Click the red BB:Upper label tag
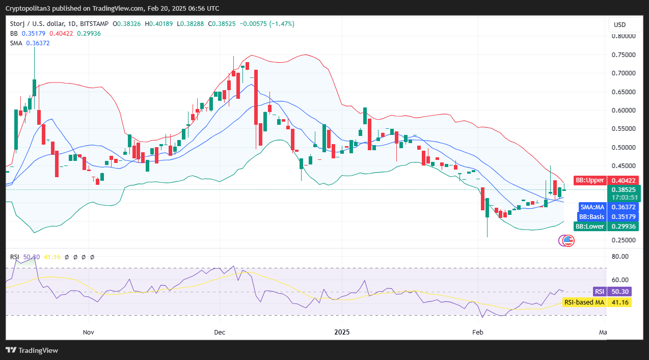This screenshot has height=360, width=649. tap(590, 180)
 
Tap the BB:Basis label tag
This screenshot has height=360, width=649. tap(591, 217)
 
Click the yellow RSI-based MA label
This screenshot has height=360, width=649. tap(584, 302)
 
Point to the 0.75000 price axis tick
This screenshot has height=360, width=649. tap(624, 55)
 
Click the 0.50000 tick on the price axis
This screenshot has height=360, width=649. tap(624, 148)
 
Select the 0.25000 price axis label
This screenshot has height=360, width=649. tap(624, 240)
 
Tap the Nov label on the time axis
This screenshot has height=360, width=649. tap(89, 333)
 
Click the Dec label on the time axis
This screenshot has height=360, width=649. tap(220, 333)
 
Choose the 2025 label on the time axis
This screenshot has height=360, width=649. tap(342, 333)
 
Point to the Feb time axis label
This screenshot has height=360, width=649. tap(477, 333)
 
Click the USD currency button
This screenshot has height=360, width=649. tap(619, 25)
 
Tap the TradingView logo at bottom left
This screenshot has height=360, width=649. tap(32, 350)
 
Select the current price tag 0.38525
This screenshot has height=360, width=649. tap(624, 189)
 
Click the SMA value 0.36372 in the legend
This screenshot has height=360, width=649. tap(38, 43)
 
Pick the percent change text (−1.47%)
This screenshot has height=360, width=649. tap(282, 24)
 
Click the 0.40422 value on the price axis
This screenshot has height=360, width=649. tap(624, 180)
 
